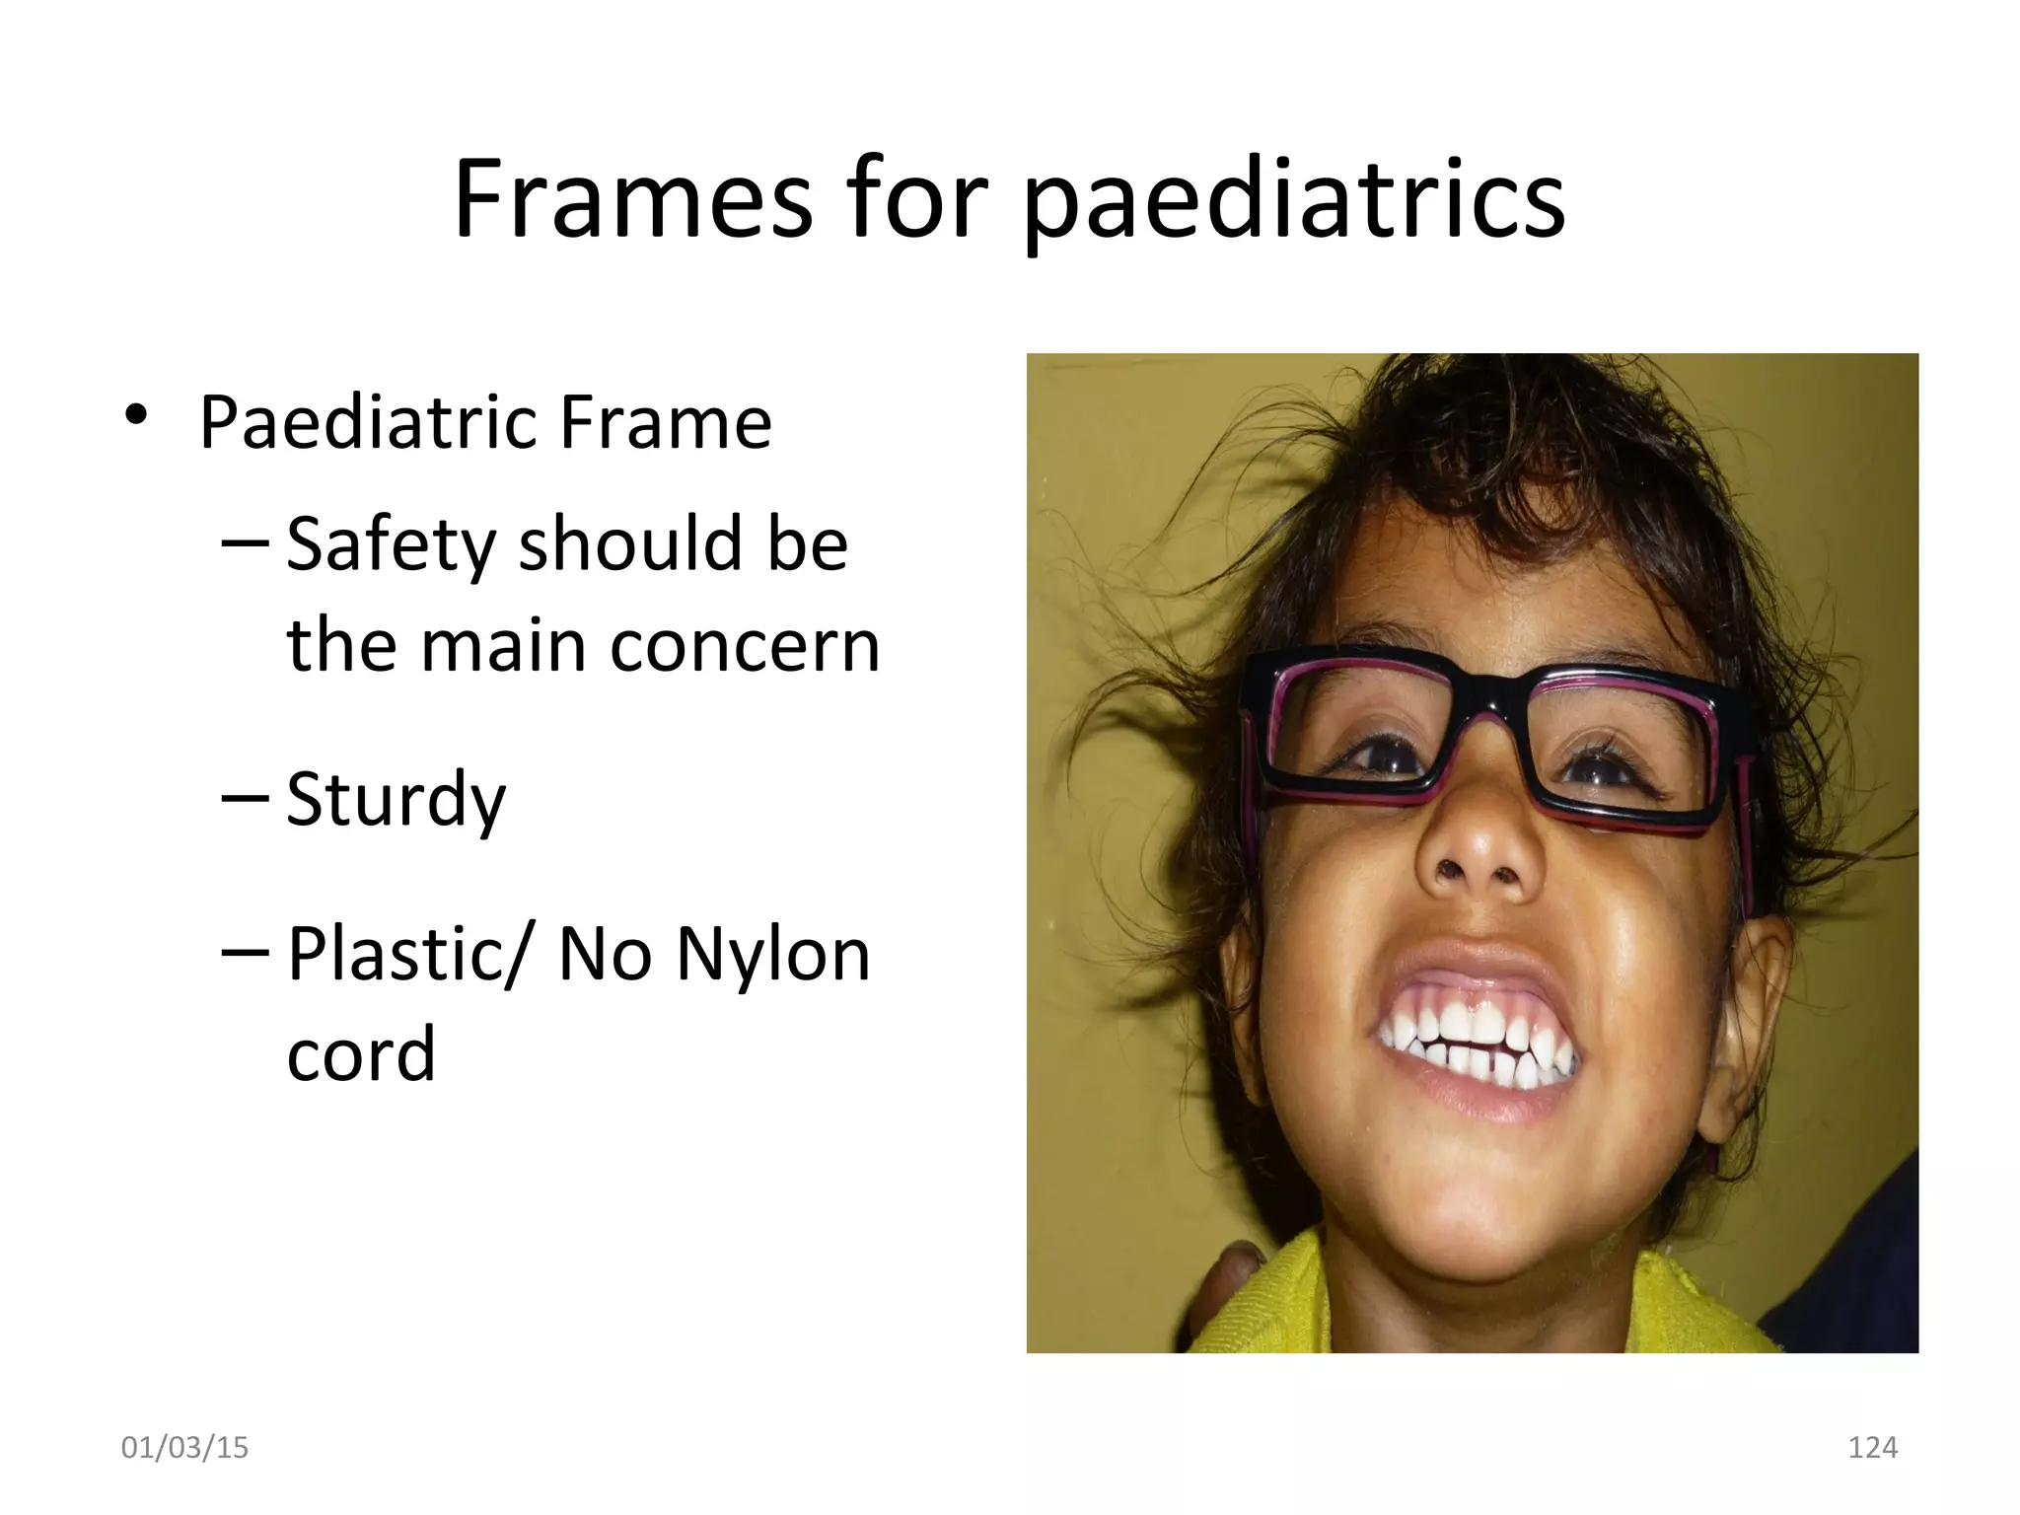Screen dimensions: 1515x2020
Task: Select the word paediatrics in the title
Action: pos(1294,202)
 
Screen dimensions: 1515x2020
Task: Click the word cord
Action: pos(361,1053)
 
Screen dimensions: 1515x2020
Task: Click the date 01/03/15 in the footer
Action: pos(184,1448)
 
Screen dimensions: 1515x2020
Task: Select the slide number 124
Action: pos(1872,1448)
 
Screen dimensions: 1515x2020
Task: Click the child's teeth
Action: pos(1479,1050)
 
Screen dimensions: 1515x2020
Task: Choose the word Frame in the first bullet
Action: pos(665,423)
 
